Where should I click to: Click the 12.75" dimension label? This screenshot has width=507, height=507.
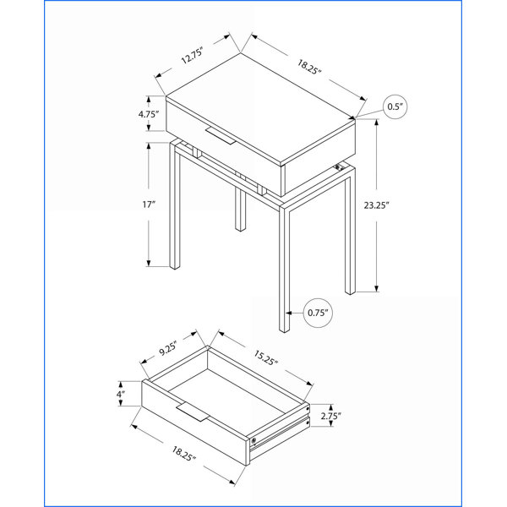192,56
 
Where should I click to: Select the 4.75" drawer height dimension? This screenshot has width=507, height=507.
149,114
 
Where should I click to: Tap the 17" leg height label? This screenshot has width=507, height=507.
149,204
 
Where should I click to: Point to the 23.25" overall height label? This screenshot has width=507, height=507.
376,205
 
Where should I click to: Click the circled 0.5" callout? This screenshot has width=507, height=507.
395,106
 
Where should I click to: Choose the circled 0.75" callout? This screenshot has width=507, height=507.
318,313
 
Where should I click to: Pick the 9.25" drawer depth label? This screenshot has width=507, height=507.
168,348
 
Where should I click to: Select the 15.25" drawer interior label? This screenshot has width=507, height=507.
265,358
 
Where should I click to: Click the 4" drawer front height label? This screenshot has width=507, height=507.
121,394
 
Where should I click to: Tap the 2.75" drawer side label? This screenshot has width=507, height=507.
330,416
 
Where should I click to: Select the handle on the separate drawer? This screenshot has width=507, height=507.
193,412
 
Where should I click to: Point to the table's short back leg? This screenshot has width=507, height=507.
240,210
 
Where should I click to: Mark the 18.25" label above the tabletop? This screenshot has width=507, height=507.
308,67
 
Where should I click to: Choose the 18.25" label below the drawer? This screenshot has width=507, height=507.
183,453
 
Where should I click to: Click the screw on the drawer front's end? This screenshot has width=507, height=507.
253,440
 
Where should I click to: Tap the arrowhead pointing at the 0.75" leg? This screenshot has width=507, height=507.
289,313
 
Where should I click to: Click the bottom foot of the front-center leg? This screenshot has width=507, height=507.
284,330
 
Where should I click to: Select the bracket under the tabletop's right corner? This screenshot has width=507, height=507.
338,166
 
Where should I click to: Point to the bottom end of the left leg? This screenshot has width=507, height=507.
175,267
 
